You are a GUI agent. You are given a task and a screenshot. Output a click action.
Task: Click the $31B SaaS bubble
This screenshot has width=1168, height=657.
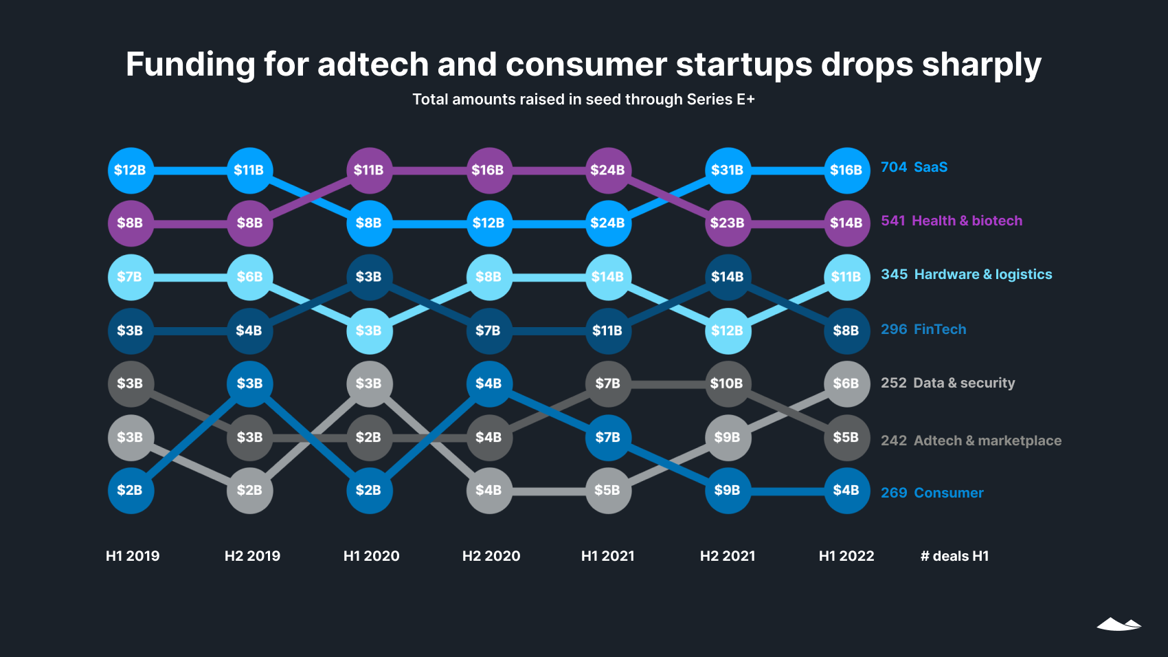point(728,170)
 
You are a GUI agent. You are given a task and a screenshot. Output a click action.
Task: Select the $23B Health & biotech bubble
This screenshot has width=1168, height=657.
point(728,223)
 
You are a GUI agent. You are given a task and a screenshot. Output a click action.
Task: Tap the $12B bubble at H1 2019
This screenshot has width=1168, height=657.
point(131,170)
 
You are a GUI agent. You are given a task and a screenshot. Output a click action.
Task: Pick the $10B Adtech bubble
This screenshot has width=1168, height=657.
point(728,383)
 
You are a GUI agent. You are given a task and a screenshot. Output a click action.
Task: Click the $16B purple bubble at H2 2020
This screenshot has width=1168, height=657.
point(488,170)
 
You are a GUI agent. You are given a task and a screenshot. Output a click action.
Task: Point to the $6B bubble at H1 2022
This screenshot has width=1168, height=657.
point(846,383)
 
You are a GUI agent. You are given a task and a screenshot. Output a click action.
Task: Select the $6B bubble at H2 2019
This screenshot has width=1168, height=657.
point(249,277)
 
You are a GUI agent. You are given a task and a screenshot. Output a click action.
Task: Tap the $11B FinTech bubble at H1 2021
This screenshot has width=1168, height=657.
point(608,331)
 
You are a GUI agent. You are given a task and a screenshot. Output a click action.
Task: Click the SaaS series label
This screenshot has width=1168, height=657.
point(930,167)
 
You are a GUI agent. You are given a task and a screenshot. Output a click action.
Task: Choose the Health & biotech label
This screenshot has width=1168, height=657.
point(967,221)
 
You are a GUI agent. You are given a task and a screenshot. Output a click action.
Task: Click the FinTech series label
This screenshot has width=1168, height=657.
point(939,329)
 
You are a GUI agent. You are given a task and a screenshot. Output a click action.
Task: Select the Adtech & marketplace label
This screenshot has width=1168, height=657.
point(987,441)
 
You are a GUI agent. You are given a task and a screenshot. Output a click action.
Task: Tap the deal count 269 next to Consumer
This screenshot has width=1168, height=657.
point(894,493)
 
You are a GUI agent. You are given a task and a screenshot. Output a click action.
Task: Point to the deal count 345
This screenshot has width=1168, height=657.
point(894,274)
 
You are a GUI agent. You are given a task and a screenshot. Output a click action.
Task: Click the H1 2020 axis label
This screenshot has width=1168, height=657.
point(371,556)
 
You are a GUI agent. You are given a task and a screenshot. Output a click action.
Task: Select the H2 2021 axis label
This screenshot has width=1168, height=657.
point(728,556)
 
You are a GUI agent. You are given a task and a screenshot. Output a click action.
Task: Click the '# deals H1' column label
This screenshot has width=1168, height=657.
point(954,556)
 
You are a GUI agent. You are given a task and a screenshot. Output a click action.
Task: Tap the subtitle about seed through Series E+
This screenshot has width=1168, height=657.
point(583,100)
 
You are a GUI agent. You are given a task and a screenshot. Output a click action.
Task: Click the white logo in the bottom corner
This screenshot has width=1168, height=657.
point(1119,624)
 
